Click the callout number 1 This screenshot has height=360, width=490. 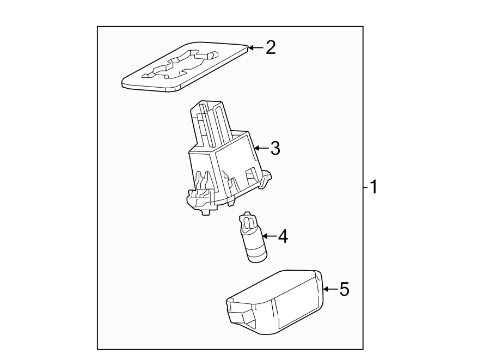click(x=373, y=188)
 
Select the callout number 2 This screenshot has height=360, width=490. click(x=270, y=48)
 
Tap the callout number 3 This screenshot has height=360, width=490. click(x=275, y=148)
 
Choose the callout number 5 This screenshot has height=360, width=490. click(x=344, y=289)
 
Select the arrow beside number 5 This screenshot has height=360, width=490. click(x=329, y=289)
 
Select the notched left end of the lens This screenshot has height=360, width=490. click(x=237, y=313)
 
